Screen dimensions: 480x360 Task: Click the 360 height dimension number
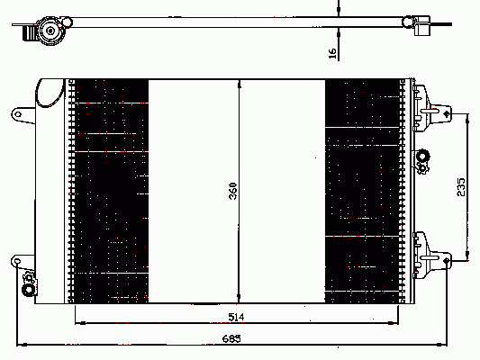coord(233,191)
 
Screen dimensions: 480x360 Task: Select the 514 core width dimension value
coord(236,317)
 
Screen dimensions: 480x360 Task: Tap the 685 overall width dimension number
coord(231,338)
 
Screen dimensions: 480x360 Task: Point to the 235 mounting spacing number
coord(461,187)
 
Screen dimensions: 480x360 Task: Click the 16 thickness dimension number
coord(332,53)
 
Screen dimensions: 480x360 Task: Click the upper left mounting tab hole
coord(18,114)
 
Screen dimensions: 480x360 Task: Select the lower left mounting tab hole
coord(17,261)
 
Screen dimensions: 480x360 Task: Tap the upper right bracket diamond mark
coord(447,114)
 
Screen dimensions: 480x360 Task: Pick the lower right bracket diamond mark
coord(447,261)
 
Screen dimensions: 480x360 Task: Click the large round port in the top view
coord(50,31)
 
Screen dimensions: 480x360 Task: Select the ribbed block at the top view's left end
coord(29,32)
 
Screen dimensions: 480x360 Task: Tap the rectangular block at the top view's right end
coord(422,26)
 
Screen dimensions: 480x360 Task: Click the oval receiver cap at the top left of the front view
coord(50,93)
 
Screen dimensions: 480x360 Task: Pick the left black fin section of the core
coord(112,191)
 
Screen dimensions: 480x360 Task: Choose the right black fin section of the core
coord(362,191)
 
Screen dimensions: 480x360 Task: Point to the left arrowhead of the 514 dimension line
coord(80,323)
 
